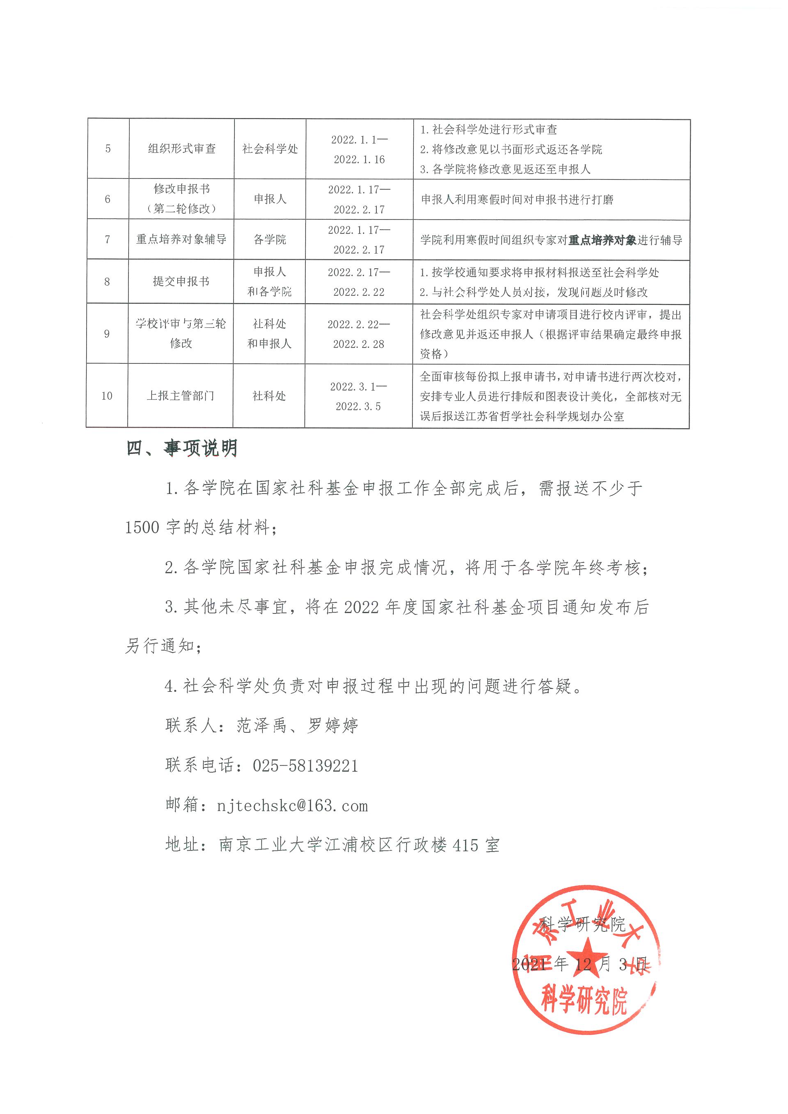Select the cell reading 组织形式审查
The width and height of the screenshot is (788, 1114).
pyautogui.click(x=181, y=149)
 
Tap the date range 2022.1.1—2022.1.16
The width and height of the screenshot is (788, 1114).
pyautogui.click(x=359, y=149)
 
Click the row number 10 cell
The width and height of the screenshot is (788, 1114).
pyautogui.click(x=107, y=396)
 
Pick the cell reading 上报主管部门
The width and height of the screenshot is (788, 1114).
pyautogui.click(x=181, y=396)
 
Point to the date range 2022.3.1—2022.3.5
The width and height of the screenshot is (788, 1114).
pyautogui.click(x=359, y=396)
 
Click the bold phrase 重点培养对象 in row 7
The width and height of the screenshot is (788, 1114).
pyautogui.click(x=602, y=240)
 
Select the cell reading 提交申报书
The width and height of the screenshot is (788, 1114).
pyautogui.click(x=181, y=281)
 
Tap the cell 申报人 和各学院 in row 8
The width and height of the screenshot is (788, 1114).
pyautogui.click(x=269, y=281)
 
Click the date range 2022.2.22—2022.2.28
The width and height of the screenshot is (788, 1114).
pyautogui.click(x=359, y=334)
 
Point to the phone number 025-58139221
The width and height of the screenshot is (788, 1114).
pyautogui.click(x=305, y=766)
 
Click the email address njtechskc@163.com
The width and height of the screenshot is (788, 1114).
pyautogui.click(x=292, y=806)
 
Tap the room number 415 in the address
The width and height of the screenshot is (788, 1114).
pyautogui.click(x=466, y=846)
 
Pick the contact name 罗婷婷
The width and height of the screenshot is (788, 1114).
pyautogui.click(x=333, y=726)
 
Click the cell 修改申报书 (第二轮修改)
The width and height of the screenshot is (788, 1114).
pyautogui.click(x=181, y=199)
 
